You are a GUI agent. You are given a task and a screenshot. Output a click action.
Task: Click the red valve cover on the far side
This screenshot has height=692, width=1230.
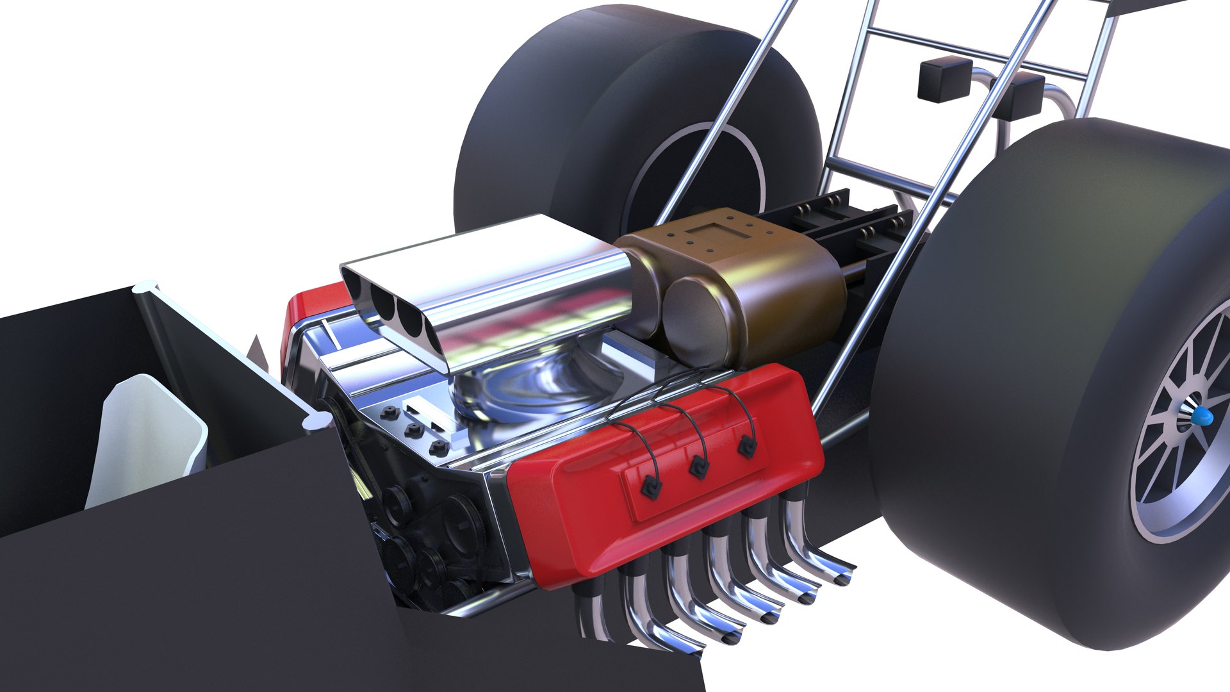click(307, 314)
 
